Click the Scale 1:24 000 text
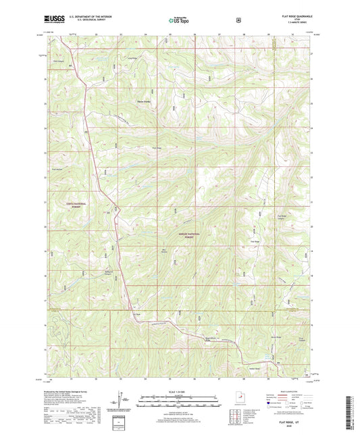pos(180,390)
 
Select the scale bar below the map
pos(180,399)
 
